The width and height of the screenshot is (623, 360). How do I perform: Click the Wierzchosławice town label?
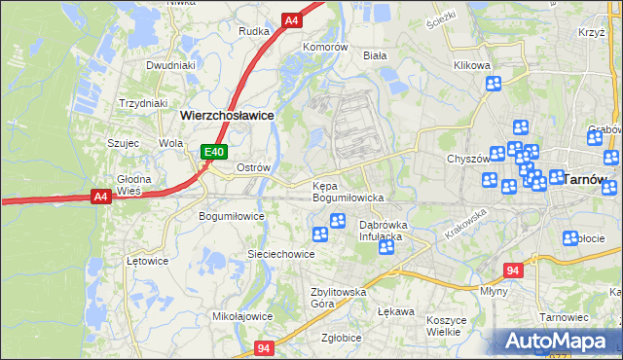click(x=226, y=114)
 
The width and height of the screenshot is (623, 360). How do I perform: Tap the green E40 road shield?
click(x=215, y=152)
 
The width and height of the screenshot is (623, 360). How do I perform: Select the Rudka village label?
click(x=254, y=31)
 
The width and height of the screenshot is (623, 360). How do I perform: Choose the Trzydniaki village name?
click(x=143, y=103)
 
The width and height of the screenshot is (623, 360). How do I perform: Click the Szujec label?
click(x=126, y=142)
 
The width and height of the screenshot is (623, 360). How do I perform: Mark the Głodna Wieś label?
click(x=134, y=185)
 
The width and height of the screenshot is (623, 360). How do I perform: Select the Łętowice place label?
click(x=149, y=261)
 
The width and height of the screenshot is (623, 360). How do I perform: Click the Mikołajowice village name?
click(x=242, y=316)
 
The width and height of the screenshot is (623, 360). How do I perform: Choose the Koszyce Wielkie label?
click(x=449, y=326)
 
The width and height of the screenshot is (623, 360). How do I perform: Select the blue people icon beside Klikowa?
click(x=494, y=84)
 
